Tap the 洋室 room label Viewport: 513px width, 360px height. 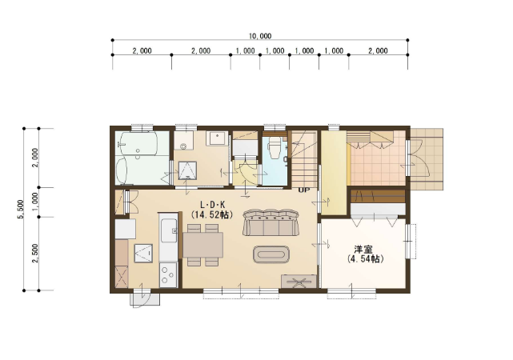coord(364,250)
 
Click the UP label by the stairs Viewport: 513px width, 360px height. coord(303,190)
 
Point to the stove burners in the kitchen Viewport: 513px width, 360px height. coord(168,276)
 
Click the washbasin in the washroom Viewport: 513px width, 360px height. coord(217,138)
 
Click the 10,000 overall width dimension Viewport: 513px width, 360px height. coord(260,35)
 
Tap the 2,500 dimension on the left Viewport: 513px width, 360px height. coord(35,253)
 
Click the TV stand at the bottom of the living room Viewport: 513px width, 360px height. coord(299,281)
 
